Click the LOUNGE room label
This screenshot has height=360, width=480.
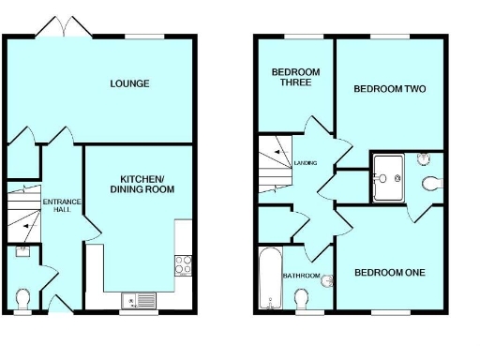[129, 83]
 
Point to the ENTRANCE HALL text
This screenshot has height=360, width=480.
[62, 204]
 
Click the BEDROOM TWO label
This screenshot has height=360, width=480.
[389, 89]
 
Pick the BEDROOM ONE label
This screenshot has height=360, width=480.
[389, 273]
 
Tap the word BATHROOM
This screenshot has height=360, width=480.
[302, 276]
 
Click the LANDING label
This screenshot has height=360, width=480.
[306, 163]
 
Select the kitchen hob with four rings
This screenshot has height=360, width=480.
[182, 263]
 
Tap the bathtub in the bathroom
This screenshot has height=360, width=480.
[268, 278]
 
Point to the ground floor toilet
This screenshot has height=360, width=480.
[24, 298]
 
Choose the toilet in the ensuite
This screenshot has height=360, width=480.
[430, 181]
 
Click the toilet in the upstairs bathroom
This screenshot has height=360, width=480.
[302, 299]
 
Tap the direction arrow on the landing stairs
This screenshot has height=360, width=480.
[277, 153]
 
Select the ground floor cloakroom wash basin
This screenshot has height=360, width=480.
[22, 250]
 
